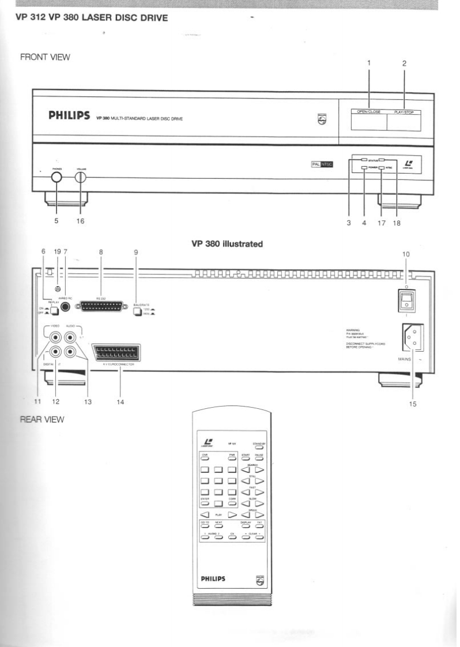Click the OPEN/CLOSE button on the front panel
pos(368,122)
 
